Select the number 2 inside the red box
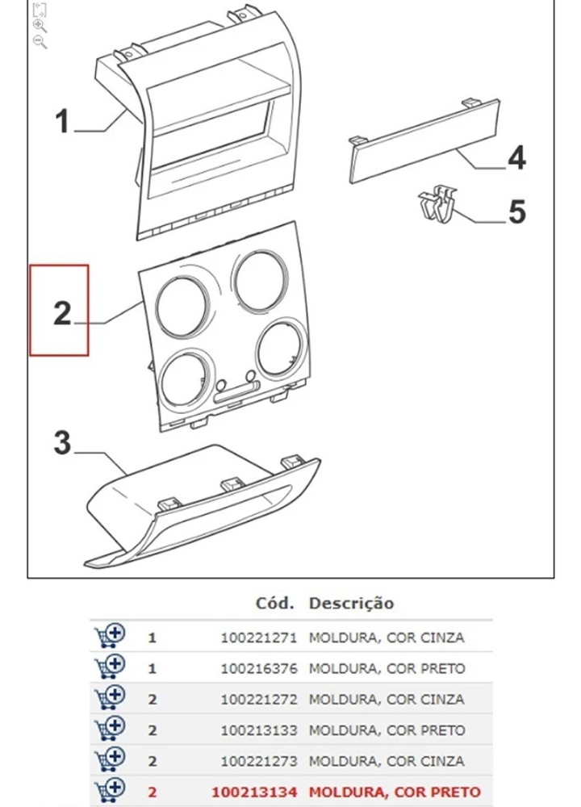coord(62,313)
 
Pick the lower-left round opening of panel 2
coord(186,378)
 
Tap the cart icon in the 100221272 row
coord(110,698)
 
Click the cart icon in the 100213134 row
coord(110,791)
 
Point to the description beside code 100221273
coord(387,761)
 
